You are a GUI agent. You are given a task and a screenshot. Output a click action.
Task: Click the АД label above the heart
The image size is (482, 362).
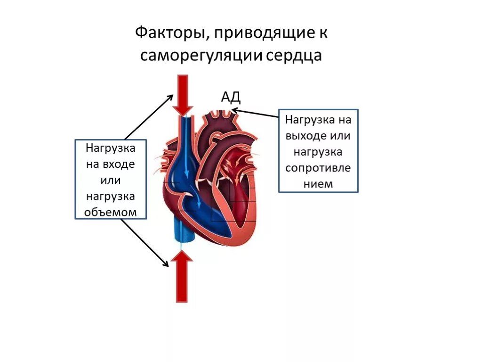tap(231, 97)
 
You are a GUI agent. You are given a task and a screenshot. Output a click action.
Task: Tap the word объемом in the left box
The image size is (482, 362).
tap(111, 212)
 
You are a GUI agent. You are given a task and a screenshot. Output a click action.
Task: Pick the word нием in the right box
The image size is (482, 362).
tap(318, 184)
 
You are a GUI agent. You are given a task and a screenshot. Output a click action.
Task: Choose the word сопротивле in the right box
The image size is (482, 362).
tap(318, 168)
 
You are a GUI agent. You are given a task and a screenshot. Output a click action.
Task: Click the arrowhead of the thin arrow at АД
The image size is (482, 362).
tap(234, 110)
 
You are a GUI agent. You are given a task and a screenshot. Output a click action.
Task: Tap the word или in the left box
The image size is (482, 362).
tap(111, 181)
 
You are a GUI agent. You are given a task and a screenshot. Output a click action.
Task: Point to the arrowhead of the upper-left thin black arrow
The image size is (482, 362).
tap(171, 96)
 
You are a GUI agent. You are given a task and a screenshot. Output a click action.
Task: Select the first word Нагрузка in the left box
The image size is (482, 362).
tap(111, 148)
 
